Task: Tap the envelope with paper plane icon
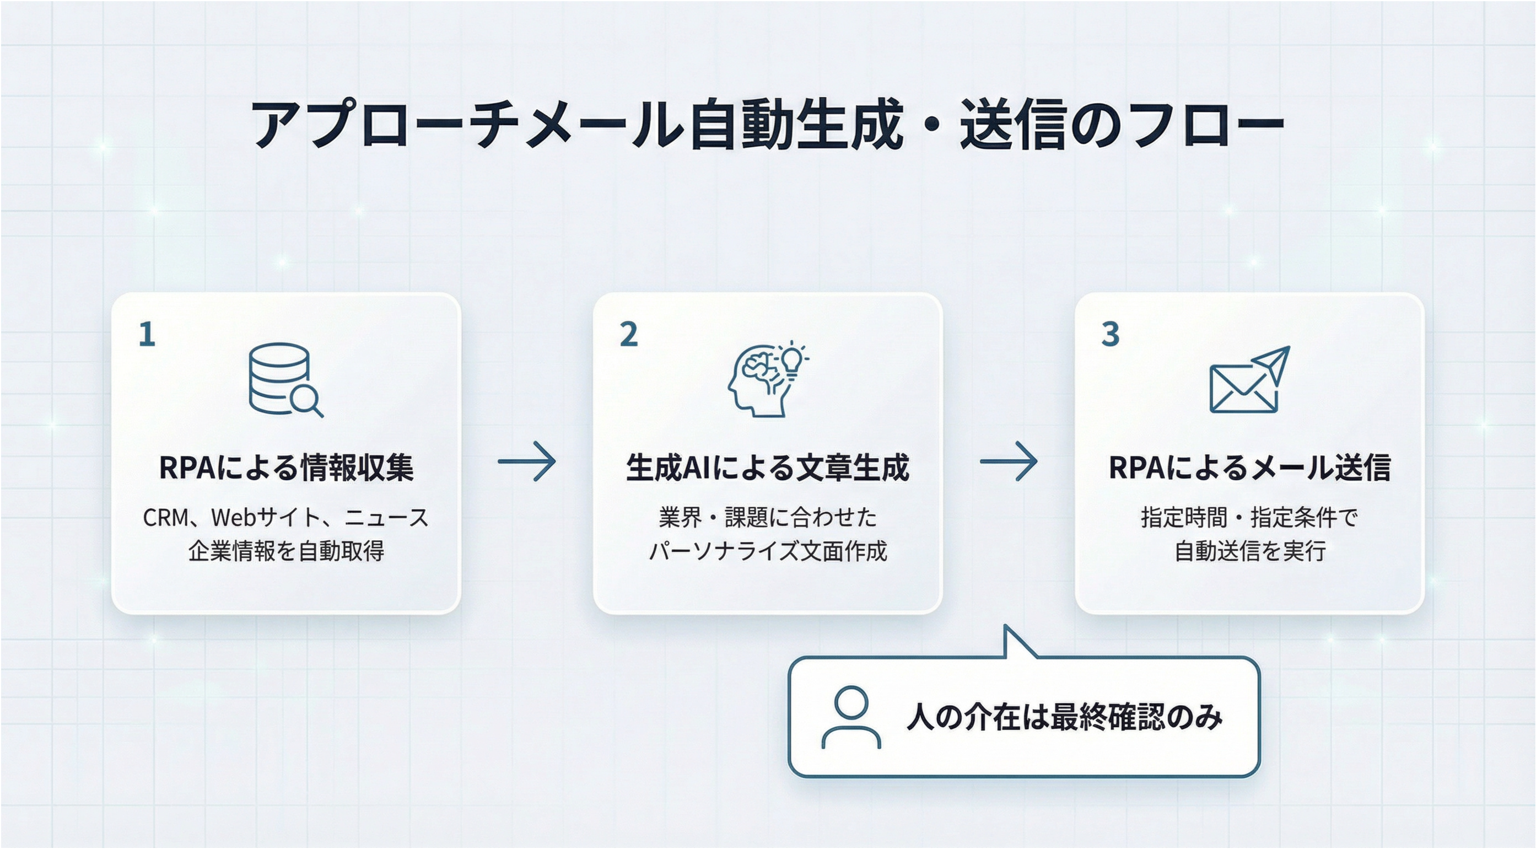point(1249,379)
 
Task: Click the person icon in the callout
point(851,717)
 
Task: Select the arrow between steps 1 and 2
point(526,461)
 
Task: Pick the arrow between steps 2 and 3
point(1009,461)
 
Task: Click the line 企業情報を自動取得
point(286,551)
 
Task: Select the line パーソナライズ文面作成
point(767,551)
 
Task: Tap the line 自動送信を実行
point(1249,551)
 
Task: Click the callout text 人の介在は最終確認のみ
point(1064,717)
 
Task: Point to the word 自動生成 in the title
point(796,126)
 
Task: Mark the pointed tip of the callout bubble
point(1006,626)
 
